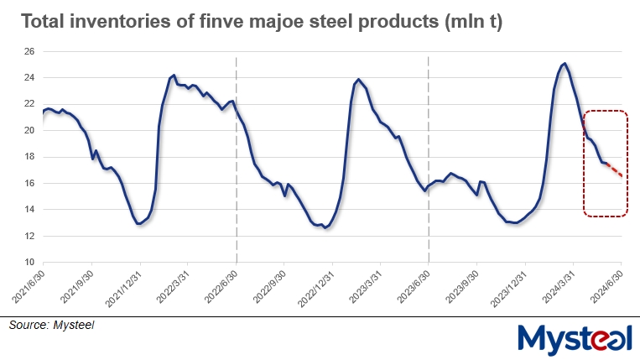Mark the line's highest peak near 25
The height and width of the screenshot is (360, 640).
click(565, 64)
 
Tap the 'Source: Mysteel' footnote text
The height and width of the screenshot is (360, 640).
click(52, 325)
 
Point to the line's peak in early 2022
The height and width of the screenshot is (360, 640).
click(173, 76)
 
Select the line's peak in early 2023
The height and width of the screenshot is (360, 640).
click(359, 80)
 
